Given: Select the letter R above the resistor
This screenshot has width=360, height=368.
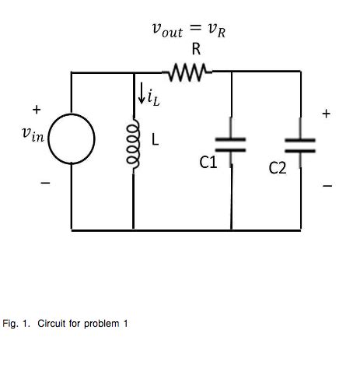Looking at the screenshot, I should click(197, 50).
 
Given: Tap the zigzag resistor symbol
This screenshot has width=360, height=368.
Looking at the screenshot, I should click(192, 72).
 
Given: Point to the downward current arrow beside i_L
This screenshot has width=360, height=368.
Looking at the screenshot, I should click(140, 96).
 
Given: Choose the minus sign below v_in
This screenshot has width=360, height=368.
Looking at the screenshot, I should click(44, 184).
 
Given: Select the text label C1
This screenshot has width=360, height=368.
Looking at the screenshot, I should click(209, 163).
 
